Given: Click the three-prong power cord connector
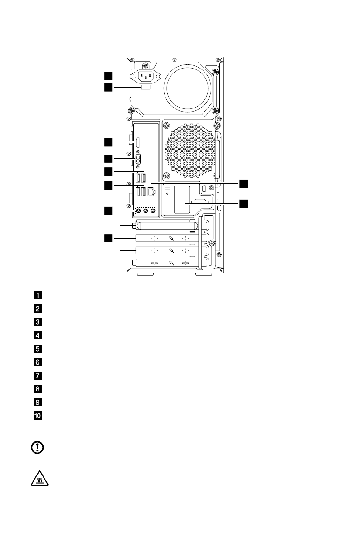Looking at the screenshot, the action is (146, 76).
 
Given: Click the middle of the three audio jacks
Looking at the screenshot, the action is (146, 210).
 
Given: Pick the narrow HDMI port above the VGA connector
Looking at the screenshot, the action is (139, 142).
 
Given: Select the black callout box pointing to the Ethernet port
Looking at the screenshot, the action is (244, 183).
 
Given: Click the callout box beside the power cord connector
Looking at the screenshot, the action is (108, 75).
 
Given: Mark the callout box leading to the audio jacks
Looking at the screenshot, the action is (108, 210).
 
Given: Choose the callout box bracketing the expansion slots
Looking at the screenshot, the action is (108, 238).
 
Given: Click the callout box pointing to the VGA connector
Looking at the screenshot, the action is (108, 158).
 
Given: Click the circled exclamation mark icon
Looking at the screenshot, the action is (37, 448).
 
